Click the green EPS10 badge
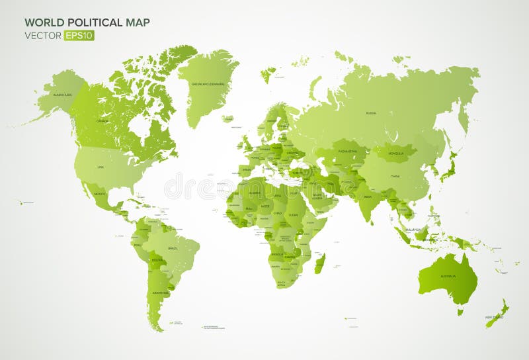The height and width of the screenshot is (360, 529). click(x=79, y=36)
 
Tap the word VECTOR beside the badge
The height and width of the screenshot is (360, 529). click(x=43, y=36)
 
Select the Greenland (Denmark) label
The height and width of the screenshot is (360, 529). click(x=208, y=84)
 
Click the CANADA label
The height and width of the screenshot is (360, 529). click(x=102, y=121)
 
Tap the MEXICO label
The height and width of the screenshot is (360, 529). click(x=101, y=194)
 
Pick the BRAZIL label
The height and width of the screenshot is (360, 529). click(x=173, y=247)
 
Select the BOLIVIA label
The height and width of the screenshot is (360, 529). click(x=157, y=260)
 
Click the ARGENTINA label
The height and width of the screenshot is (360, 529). click(x=160, y=292)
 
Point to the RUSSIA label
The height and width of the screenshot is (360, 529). click(x=371, y=112)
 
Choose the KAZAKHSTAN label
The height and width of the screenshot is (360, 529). click(x=349, y=151)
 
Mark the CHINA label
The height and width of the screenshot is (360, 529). click(x=395, y=177)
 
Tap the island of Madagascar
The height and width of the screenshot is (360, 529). click(x=320, y=263)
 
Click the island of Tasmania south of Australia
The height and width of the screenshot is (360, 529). click(x=460, y=311)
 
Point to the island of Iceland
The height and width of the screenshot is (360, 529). click(x=228, y=119)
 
